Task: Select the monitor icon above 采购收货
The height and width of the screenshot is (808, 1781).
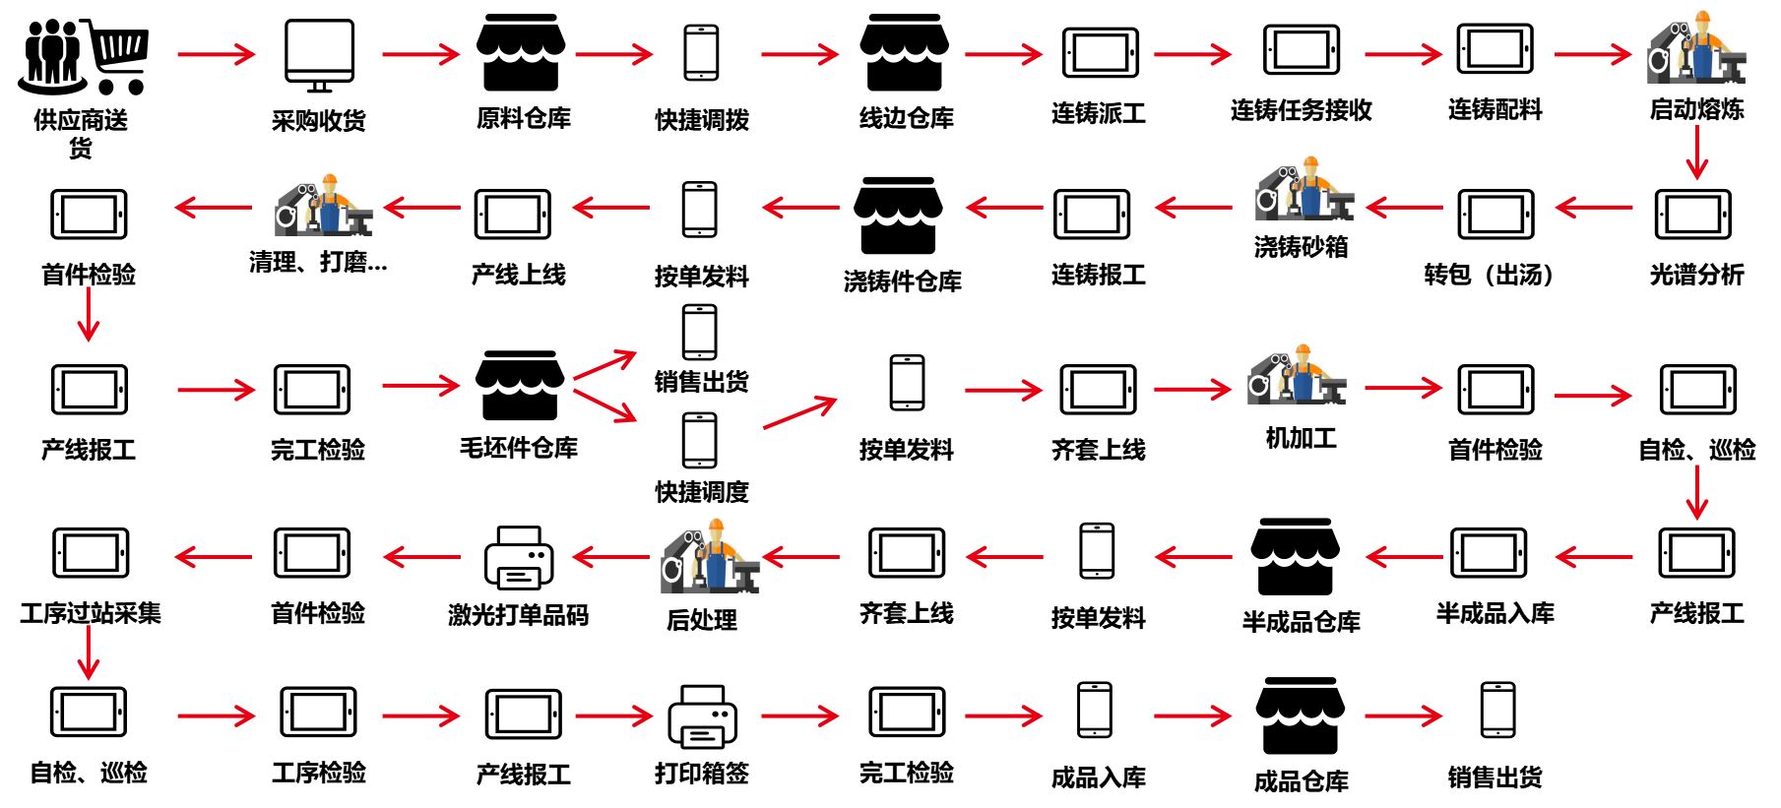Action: (x=319, y=55)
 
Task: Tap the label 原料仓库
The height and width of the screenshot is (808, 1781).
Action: (x=523, y=119)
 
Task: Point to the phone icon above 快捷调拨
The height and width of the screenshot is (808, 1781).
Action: (x=701, y=52)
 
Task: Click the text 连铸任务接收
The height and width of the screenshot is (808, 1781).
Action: (x=1301, y=110)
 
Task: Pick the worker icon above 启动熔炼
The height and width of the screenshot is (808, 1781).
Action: (x=1695, y=49)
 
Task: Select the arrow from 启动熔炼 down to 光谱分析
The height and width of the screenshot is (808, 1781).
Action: (x=1695, y=153)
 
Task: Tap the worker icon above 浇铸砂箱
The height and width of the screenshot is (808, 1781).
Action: (x=1304, y=190)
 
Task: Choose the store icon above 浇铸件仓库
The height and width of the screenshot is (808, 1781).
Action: (x=898, y=216)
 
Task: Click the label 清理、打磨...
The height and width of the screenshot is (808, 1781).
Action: (x=318, y=263)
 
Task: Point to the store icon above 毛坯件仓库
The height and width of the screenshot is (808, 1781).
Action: (x=520, y=385)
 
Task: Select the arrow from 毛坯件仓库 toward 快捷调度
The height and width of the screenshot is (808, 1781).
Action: (x=604, y=405)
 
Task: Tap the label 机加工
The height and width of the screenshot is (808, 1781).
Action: (x=1301, y=438)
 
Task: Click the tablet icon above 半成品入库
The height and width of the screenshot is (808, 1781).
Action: (x=1488, y=553)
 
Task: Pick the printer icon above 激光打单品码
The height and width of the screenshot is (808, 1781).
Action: (x=519, y=557)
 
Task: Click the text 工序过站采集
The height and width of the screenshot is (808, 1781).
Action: (x=90, y=614)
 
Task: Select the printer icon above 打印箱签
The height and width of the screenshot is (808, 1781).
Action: (x=702, y=716)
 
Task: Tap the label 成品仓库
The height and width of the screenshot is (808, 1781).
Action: (x=1301, y=782)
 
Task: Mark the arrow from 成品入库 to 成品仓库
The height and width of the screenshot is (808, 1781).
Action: (x=1192, y=715)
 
